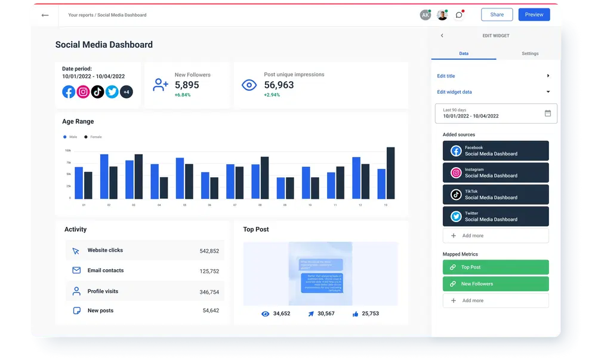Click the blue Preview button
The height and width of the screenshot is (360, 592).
coord(534,14)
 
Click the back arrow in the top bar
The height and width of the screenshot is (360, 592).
coord(45,15)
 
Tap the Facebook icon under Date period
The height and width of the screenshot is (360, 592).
coord(69,92)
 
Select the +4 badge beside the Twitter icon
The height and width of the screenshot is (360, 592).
coord(126,92)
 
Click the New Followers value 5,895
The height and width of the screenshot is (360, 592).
coord(187,85)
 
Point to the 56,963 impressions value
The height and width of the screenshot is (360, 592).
coord(279,85)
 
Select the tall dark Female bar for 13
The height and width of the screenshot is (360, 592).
coord(390,173)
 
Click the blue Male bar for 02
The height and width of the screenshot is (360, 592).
coord(104,177)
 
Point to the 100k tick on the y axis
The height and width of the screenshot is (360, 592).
coord(67,150)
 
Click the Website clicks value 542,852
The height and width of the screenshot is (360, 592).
coord(209,251)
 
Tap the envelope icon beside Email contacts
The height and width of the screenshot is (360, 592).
coord(76,270)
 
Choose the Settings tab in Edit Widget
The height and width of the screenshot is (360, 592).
coord(529,54)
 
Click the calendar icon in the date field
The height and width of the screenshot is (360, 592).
coord(548,113)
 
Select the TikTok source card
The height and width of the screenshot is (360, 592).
coord(495,195)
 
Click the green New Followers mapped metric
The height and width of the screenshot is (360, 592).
coord(495,284)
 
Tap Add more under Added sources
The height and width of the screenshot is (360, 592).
coord(495,236)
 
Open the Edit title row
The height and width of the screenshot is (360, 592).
coord(493,76)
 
